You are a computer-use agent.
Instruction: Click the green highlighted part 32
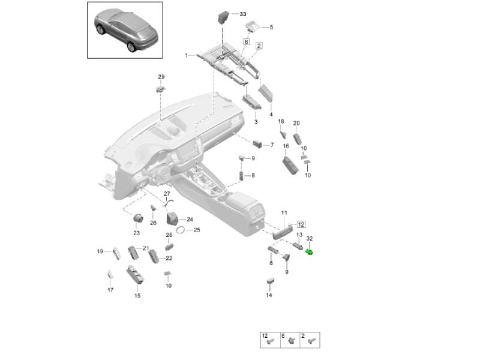tap(310, 251)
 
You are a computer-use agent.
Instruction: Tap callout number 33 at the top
tap(243, 13)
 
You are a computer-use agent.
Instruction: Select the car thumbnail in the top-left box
tap(125, 29)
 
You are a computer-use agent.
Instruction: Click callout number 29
tap(161, 76)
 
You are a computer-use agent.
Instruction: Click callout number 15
tap(137, 295)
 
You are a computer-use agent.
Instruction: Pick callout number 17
tap(110, 290)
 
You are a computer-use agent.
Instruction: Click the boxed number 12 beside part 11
tap(301, 224)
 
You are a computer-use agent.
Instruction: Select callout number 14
tap(269, 295)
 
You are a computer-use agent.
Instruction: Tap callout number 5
tap(271, 27)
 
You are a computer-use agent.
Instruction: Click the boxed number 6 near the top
tap(246, 42)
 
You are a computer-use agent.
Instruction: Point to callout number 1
tap(187, 55)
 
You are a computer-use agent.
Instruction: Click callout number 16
tap(286, 146)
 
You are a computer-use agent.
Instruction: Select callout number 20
tap(296, 124)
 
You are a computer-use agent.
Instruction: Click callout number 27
tap(167, 193)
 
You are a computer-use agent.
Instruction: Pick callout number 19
tap(100, 251)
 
